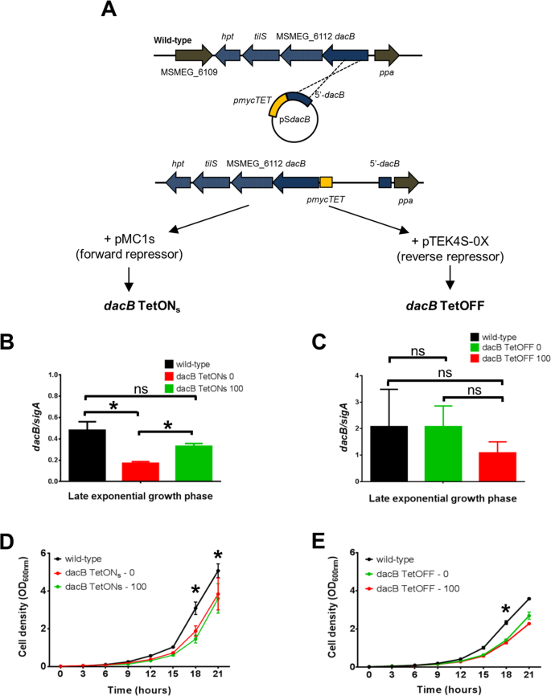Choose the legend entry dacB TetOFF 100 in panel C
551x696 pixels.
491,334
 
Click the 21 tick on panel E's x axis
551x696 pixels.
527,676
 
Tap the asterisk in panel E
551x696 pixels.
504,608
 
